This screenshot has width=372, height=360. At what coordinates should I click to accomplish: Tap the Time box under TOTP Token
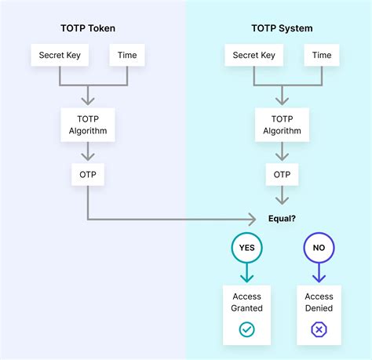pyautogui.click(x=126, y=55)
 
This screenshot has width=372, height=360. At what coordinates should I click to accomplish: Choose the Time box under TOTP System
pyautogui.click(x=320, y=55)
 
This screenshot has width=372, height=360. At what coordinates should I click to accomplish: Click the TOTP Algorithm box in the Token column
pyautogui.click(x=87, y=125)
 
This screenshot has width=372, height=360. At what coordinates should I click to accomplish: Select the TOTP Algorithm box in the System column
pyautogui.click(x=281, y=125)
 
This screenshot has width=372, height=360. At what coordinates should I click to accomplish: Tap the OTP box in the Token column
pyautogui.click(x=87, y=173)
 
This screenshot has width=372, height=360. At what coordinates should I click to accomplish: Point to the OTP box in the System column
pyautogui.click(x=281, y=173)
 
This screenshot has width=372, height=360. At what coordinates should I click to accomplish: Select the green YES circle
pyautogui.click(x=247, y=248)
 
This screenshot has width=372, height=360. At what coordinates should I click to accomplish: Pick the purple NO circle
pyautogui.click(x=319, y=248)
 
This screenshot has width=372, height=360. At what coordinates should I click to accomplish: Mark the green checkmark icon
pyautogui.click(x=247, y=330)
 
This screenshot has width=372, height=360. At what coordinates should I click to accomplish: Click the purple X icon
pyautogui.click(x=319, y=330)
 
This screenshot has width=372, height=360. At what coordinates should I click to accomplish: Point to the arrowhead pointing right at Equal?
pyautogui.click(x=253, y=219)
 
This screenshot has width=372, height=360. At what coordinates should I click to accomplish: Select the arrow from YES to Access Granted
pyautogui.click(x=247, y=273)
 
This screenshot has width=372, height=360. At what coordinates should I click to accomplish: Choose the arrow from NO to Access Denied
pyautogui.click(x=319, y=273)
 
